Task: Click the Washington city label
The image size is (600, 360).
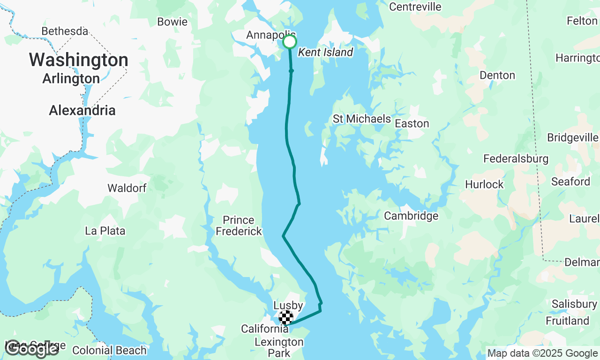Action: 79,60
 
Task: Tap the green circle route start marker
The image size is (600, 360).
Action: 290,42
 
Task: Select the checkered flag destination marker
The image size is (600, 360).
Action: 286,317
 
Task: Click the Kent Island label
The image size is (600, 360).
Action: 325,52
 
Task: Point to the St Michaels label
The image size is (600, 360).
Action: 361,119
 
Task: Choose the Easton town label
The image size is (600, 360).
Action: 412,123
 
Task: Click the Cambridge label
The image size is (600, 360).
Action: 411,216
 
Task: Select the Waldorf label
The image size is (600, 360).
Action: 127,188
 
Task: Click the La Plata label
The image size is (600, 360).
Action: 105,231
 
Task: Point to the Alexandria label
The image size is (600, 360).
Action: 82,111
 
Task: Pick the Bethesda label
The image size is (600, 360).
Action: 65,31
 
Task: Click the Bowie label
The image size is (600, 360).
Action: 172,22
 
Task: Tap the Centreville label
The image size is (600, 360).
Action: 415,7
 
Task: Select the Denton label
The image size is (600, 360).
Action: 497,75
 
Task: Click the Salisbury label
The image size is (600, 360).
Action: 574,304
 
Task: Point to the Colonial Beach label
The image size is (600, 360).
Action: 109,350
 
